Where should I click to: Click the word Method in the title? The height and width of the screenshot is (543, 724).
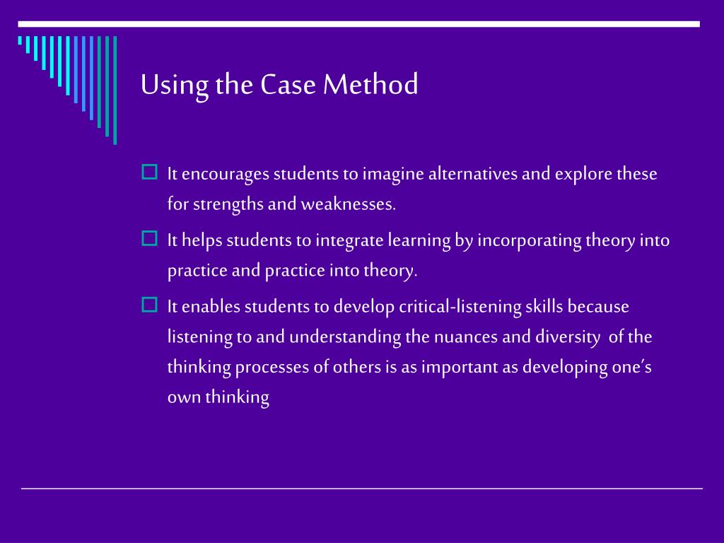coord(371,85)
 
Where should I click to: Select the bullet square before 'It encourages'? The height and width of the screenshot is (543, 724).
coord(149,173)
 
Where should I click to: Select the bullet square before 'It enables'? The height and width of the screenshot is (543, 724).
coord(149,305)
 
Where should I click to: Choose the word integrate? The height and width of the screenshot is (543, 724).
coord(350,241)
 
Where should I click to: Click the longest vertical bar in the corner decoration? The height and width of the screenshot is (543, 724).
coord(115,90)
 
